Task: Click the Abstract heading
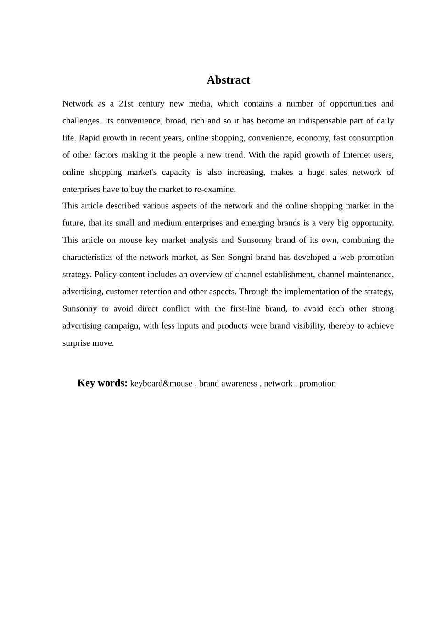tap(228, 80)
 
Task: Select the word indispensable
tap(330, 121)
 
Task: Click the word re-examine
tap(216, 189)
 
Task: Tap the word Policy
tap(106, 275)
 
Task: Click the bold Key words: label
tap(102, 383)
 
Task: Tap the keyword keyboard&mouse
tap(161, 383)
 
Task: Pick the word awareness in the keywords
tap(239, 383)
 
